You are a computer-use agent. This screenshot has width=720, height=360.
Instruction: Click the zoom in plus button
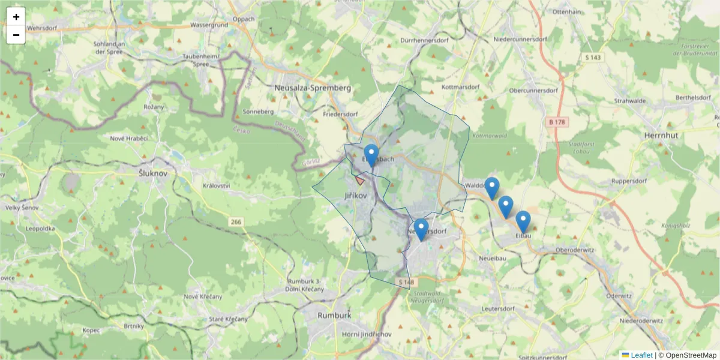(x=16, y=17)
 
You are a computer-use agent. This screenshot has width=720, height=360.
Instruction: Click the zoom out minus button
(x=16, y=35)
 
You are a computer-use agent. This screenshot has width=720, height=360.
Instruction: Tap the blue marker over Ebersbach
(x=371, y=155)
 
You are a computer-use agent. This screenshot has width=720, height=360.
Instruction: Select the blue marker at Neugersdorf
(x=421, y=229)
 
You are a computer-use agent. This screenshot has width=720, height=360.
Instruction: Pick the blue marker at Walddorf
(x=492, y=188)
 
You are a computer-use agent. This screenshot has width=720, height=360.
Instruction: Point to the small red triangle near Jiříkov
(x=359, y=179)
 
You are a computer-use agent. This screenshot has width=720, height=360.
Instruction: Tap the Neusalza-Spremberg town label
(x=311, y=88)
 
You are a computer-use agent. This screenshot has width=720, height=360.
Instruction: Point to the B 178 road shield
(x=557, y=122)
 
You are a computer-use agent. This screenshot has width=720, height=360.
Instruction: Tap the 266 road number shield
(x=235, y=222)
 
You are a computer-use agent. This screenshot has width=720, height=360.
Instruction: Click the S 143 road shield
(x=593, y=58)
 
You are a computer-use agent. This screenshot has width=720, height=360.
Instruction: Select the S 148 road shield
(x=406, y=282)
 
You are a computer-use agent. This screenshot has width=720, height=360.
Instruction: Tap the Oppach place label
(x=244, y=19)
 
